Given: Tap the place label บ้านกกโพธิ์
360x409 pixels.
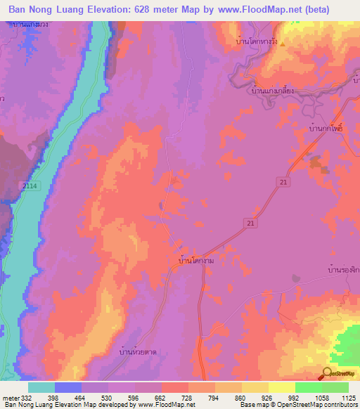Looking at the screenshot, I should pyautogui.click(x=330, y=130).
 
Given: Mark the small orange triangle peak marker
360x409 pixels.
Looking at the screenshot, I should pyautogui.click(x=282, y=43).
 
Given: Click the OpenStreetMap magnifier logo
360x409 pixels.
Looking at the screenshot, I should pyautogui.click(x=327, y=374).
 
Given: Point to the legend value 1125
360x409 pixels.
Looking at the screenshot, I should pyautogui.click(x=348, y=398).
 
